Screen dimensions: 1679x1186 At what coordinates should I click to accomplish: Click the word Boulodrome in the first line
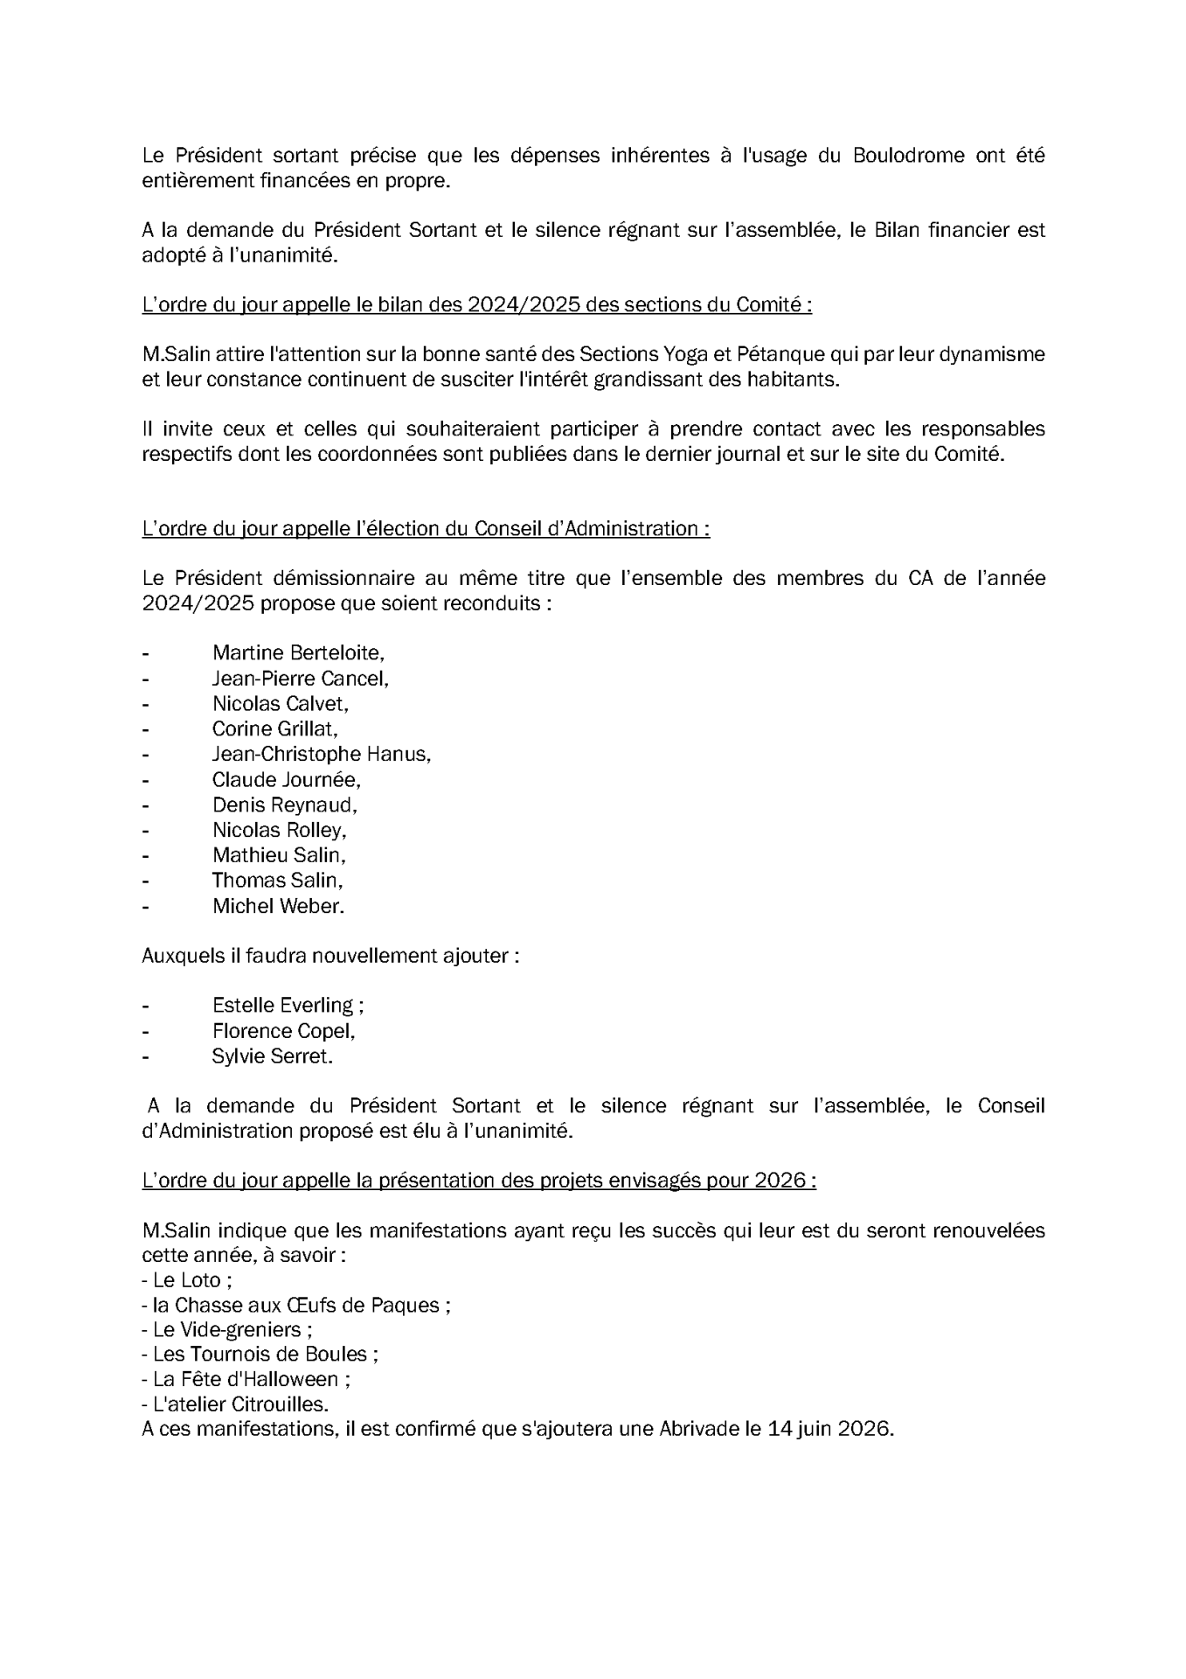[908, 156]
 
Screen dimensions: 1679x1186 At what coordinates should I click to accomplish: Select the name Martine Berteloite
[297, 652]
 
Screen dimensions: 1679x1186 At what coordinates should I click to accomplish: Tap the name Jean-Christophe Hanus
[321, 754]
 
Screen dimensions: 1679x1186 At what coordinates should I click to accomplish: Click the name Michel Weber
[278, 906]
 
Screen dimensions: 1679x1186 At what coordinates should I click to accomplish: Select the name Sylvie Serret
[272, 1056]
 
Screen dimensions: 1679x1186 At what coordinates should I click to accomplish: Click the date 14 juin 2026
[829, 1430]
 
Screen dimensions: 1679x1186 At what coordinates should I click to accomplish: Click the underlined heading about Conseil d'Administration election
[426, 529]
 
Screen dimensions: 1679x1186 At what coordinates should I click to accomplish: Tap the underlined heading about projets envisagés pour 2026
[479, 1181]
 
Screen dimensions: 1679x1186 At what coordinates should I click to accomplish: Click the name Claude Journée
[286, 779]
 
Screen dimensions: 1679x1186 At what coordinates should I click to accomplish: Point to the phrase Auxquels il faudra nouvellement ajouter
[330, 956]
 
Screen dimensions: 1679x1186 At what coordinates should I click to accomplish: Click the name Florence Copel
[283, 1031]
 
